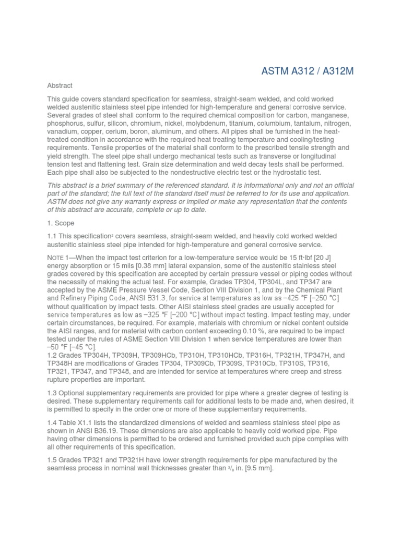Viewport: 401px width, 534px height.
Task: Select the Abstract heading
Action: [60, 86]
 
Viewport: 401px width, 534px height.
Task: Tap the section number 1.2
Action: [53, 355]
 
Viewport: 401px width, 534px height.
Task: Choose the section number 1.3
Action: [53, 392]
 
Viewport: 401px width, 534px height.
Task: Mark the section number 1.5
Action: [53, 460]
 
